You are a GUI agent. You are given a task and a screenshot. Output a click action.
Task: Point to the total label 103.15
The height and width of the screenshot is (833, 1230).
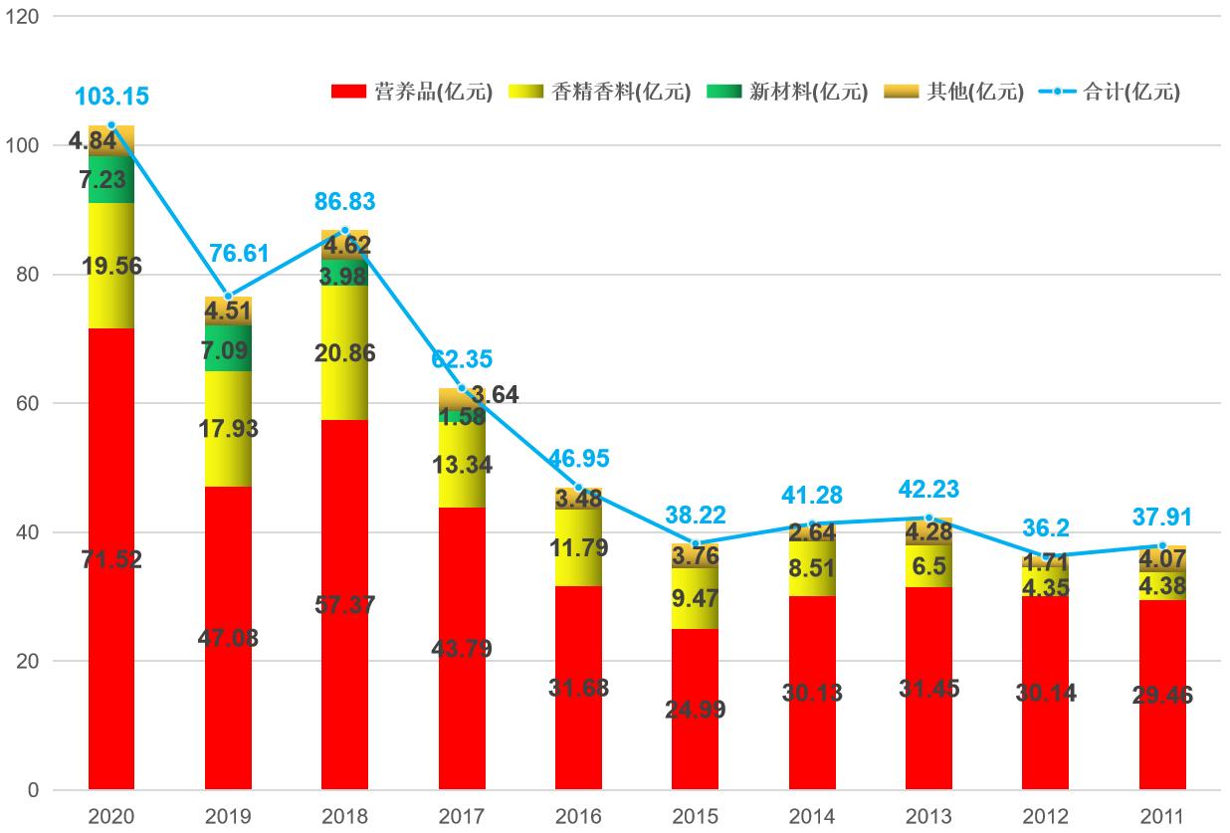point(111,97)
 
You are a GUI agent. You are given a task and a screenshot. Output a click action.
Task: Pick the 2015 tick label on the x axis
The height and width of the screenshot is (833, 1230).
point(696,817)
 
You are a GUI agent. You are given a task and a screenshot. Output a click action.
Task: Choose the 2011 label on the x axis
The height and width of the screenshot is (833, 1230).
point(1162,817)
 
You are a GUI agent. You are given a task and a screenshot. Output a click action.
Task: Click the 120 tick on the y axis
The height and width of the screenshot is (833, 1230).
point(22,17)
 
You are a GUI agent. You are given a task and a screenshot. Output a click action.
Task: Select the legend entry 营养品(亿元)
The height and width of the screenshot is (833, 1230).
point(413,92)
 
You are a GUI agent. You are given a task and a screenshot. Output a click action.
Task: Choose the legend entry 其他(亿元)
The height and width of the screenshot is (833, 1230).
point(955,92)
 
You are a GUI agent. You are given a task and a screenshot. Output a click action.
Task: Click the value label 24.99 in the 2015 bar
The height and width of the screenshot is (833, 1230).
point(696,710)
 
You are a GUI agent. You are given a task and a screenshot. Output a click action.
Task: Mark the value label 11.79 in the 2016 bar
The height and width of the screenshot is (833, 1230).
point(578,547)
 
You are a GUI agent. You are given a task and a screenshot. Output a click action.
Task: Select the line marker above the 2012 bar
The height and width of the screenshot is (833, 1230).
point(1045,556)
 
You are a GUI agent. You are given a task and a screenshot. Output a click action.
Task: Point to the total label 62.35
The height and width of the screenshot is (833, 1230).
point(462,359)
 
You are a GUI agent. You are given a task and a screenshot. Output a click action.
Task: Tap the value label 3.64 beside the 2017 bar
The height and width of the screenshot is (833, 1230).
point(495,395)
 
